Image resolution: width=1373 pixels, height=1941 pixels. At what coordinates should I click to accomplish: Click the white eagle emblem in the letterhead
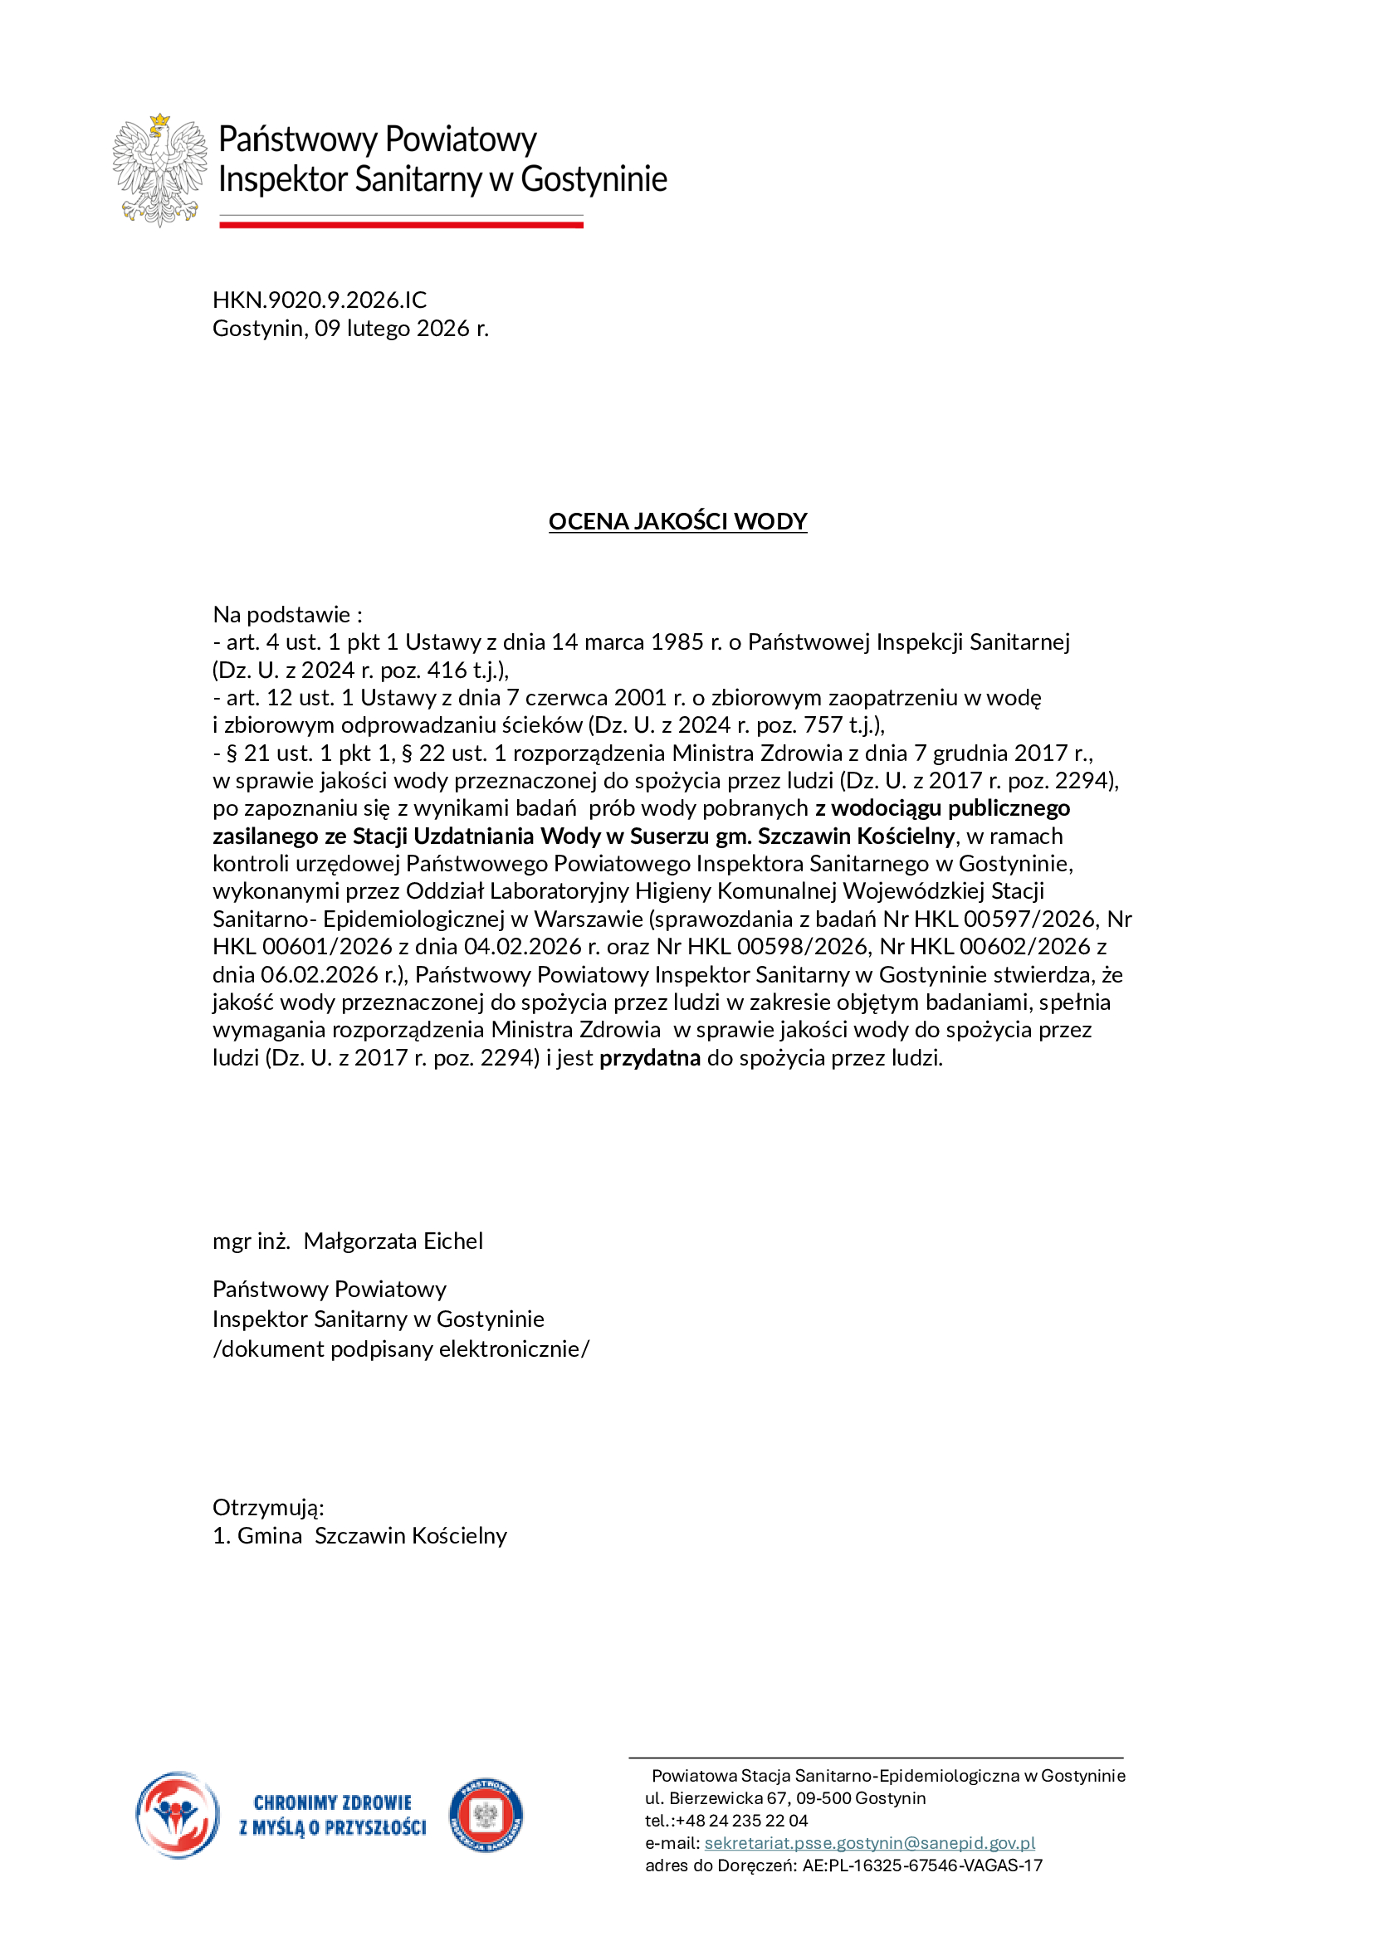pyautogui.click(x=159, y=170)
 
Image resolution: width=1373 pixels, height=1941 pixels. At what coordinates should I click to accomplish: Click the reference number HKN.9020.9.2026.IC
pyautogui.click(x=320, y=300)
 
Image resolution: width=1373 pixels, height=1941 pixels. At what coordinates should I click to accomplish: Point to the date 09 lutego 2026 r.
pyautogui.click(x=402, y=328)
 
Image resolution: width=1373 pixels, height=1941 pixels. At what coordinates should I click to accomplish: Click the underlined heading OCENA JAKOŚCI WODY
pyautogui.click(x=677, y=521)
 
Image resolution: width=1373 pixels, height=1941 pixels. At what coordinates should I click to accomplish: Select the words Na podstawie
pyautogui.click(x=281, y=614)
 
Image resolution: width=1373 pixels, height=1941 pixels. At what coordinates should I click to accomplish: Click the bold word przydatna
pyautogui.click(x=649, y=1057)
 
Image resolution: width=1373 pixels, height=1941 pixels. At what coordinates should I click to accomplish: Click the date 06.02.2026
pyautogui.click(x=321, y=975)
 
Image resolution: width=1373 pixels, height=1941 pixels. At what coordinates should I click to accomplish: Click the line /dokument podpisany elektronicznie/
pyautogui.click(x=401, y=1348)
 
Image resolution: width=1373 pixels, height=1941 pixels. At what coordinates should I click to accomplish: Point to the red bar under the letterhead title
pyautogui.click(x=401, y=224)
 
